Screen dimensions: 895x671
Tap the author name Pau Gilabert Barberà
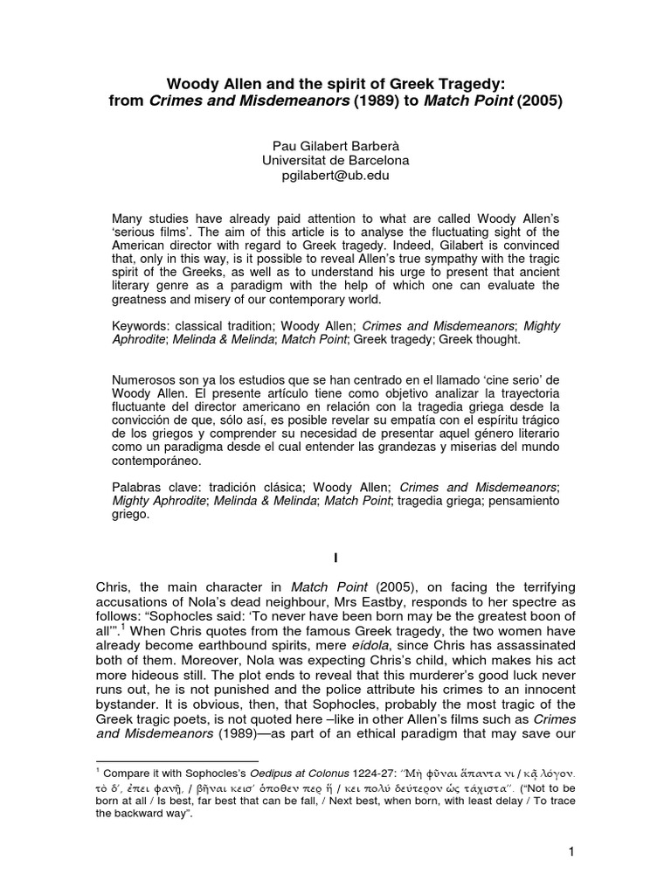(336, 145)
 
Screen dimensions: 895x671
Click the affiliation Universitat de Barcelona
(336, 161)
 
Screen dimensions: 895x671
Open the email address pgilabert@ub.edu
(336, 176)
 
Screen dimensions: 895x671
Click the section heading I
(336, 556)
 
